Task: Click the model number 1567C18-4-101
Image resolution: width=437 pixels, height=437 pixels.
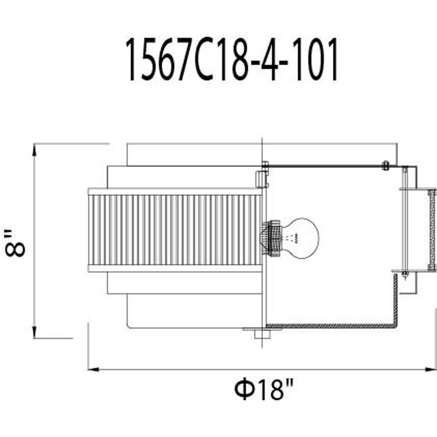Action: (x=232, y=59)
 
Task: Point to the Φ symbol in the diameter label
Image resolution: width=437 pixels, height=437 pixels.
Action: (x=241, y=389)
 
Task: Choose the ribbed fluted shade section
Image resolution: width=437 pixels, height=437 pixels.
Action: (x=175, y=230)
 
